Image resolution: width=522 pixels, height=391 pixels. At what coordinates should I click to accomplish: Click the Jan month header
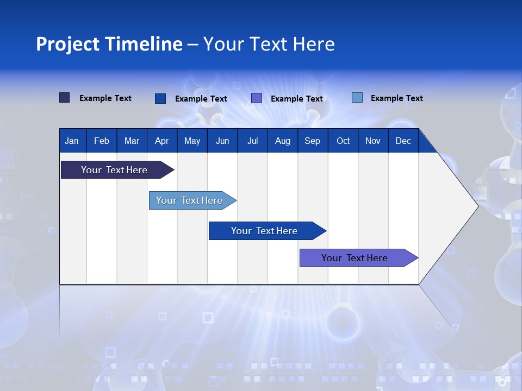pos(72,141)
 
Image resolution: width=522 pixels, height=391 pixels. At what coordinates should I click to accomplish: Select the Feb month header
pos(102,141)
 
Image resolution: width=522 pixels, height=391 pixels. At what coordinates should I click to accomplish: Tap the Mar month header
pos(132,141)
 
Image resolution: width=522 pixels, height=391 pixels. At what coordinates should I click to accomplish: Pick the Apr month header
pos(161,141)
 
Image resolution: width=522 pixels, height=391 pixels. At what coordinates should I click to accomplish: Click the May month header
pos(192,141)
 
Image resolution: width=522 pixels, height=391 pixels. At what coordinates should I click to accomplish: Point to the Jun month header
pos(222,141)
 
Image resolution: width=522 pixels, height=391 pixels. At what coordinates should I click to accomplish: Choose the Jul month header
pos(252,141)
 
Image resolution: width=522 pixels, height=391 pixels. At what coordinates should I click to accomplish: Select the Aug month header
pos(283,141)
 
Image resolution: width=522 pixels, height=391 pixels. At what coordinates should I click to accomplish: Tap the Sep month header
pos(312,141)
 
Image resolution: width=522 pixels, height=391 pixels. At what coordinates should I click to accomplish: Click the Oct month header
pos(343,141)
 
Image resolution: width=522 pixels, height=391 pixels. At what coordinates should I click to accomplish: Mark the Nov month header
pos(373,141)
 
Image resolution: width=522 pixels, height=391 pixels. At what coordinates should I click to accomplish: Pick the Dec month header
pos(403,141)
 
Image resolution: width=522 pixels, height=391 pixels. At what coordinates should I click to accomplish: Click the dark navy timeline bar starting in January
pos(115,170)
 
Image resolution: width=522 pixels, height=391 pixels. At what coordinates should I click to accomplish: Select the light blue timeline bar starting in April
pos(190,200)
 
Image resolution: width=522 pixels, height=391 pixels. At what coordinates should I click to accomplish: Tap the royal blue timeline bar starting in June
pos(265,231)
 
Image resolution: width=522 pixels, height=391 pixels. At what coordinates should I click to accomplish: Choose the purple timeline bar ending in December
pos(355,258)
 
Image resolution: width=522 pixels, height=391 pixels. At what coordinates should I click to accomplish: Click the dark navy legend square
pos(65,98)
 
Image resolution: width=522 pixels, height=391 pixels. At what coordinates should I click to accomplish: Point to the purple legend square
pos(257,98)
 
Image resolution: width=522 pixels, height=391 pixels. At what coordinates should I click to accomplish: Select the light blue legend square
pos(357,98)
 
